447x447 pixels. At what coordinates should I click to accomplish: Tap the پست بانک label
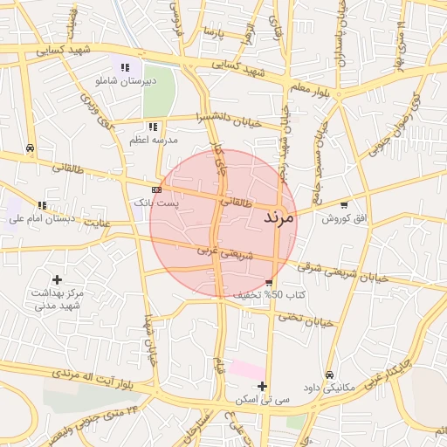155,202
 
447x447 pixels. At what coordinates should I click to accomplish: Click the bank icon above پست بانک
156,189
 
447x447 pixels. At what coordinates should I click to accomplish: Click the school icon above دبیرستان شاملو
126,67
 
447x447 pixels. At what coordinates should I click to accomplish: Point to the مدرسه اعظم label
153,140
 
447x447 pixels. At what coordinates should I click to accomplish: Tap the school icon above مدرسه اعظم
154,127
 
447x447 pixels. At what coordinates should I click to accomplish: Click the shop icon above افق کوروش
344,204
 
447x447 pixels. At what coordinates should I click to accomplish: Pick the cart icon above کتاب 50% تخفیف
268,283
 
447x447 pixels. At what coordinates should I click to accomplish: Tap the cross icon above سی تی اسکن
262,386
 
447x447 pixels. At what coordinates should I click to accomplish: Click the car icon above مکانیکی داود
328,375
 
